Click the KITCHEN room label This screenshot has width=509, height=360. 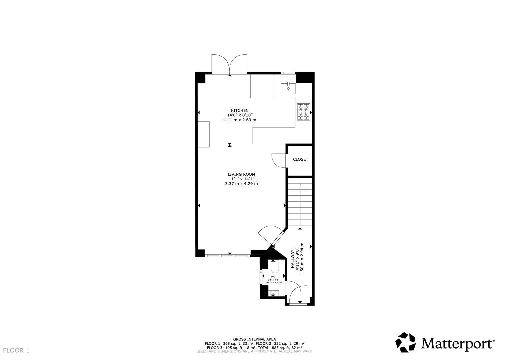240,111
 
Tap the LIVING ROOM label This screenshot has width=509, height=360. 241,174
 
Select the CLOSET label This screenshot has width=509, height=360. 300,159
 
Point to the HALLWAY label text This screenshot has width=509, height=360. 293,259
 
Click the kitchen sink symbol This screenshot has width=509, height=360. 288,88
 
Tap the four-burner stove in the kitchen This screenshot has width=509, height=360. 303,112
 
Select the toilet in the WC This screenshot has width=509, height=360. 275,267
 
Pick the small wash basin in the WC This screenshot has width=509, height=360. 273,294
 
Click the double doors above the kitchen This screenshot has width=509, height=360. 229,64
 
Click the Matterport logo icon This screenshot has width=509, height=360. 406,342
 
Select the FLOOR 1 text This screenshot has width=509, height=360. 17,350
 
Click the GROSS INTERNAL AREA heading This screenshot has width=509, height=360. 254,339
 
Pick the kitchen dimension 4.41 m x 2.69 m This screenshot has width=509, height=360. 240,120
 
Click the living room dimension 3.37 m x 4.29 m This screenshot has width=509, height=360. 241,184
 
